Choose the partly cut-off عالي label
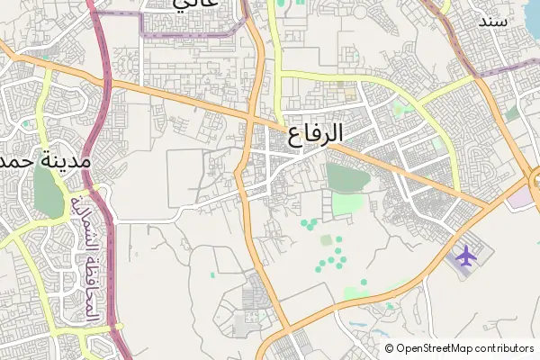coord(195,4)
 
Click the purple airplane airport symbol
coord(466,256)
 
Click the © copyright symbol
coord(390,348)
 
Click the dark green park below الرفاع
coord(346,176)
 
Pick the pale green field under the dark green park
coord(348,204)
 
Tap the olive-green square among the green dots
coord(326,240)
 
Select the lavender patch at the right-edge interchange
coord(520,199)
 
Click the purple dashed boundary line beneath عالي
coord(180,36)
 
